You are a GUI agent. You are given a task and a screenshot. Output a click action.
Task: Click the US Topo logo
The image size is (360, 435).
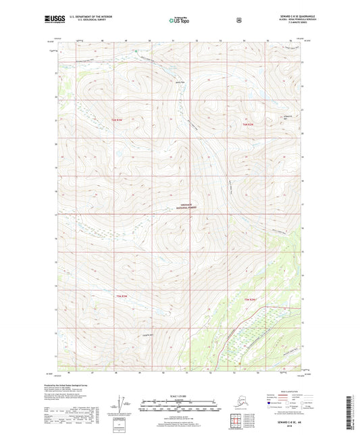[180, 21]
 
